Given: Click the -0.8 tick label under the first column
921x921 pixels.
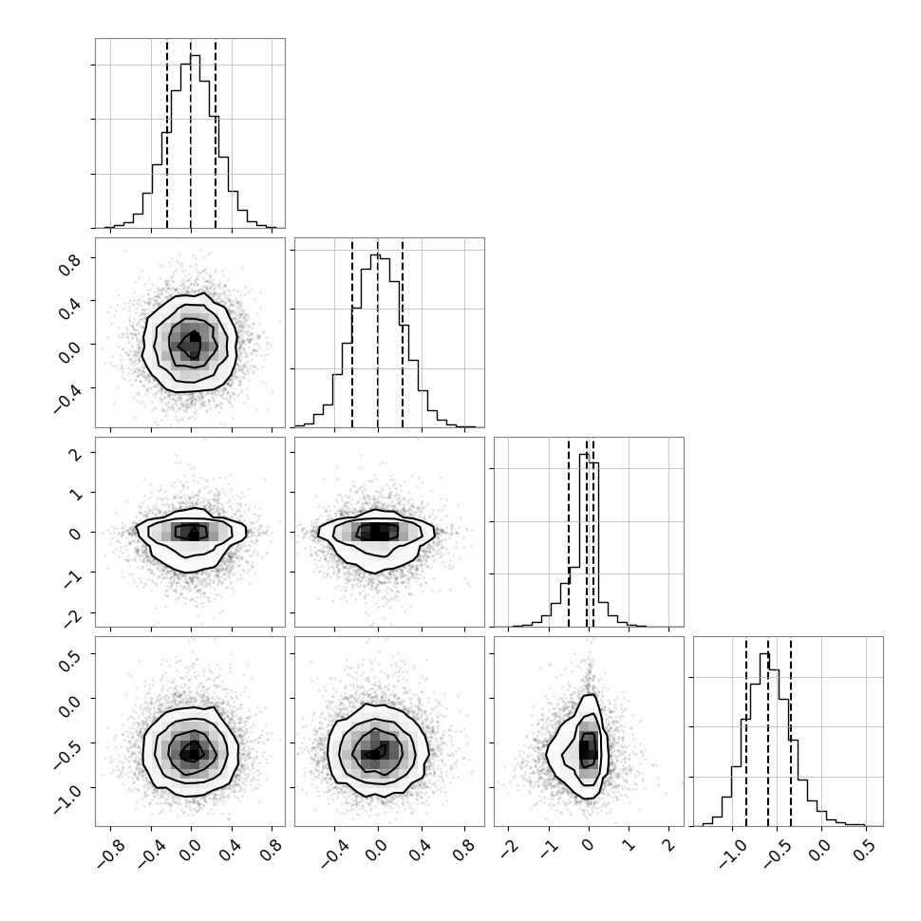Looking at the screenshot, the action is coord(110,854).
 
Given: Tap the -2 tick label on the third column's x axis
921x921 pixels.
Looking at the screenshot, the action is coord(509,849).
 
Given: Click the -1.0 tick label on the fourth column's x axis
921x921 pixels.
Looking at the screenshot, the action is coord(732,854).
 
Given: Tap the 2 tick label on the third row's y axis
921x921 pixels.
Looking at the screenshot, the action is coord(76,453).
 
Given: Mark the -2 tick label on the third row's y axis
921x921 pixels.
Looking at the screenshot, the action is coord(73,617).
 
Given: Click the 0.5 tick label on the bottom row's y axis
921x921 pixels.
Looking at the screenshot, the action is coord(68,661).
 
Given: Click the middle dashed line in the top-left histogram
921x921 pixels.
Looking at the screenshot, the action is coord(190,134).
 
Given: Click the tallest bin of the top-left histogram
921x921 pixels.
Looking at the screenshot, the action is coord(195,141).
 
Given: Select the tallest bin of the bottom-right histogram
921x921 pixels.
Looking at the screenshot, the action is coord(764,740).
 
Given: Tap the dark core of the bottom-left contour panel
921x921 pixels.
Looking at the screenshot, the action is coord(191,751).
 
